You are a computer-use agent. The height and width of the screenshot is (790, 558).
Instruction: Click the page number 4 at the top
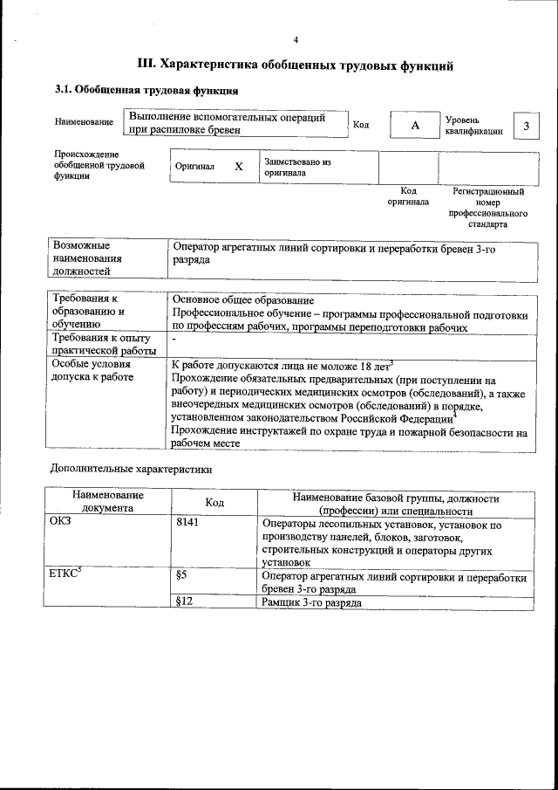(x=296, y=40)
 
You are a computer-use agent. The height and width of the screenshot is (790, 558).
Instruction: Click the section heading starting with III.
(x=296, y=64)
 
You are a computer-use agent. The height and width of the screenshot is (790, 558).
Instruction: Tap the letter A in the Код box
(x=415, y=126)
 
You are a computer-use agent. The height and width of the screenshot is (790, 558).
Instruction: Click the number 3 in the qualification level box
(x=526, y=126)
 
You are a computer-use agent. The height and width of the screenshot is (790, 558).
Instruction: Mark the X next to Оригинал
(x=238, y=166)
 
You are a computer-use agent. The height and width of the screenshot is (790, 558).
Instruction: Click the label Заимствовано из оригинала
(x=297, y=168)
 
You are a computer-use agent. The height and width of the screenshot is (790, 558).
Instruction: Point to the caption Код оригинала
(x=408, y=196)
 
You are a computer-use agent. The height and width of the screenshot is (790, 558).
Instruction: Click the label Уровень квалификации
(x=473, y=125)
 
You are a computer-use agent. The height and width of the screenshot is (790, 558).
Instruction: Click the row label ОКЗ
(x=64, y=524)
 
